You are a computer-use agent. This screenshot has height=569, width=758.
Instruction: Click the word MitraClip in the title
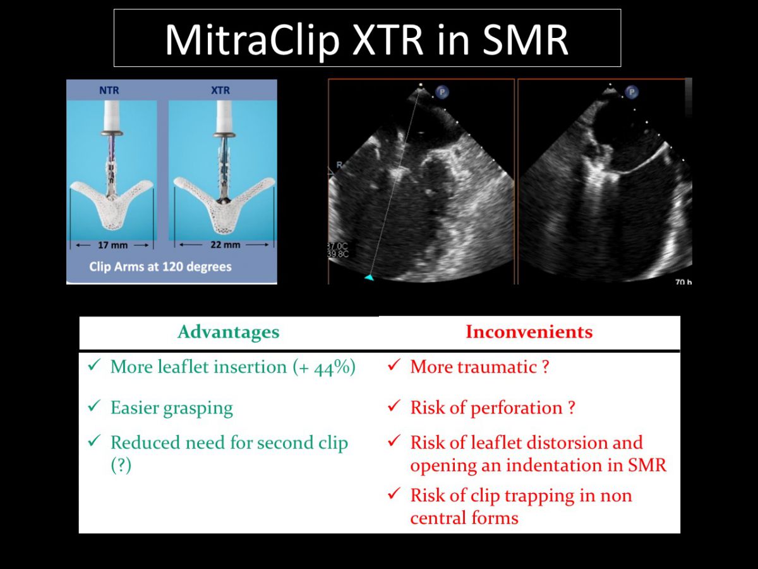253,40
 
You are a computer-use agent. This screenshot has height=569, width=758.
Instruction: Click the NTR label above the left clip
109,90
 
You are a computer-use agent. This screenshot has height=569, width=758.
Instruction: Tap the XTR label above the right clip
220,90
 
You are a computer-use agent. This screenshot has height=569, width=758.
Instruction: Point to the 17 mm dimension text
112,245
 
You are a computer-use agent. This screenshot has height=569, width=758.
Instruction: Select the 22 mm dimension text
225,245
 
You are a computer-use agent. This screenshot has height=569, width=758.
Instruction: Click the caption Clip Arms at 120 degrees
160,267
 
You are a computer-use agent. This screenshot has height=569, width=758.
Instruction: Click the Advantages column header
228,332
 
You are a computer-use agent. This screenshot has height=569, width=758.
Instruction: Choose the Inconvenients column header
529,332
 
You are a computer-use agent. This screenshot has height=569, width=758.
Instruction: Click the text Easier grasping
172,408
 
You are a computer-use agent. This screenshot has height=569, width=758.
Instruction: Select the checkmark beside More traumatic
394,365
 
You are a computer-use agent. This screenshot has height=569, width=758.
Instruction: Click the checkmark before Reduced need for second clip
94,441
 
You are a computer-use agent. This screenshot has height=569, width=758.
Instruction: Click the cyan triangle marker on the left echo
369,277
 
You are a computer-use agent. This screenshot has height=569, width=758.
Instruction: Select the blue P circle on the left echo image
442,92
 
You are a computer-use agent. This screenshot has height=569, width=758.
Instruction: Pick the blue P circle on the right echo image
632,92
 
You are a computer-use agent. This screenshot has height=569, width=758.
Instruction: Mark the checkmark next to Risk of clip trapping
394,494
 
